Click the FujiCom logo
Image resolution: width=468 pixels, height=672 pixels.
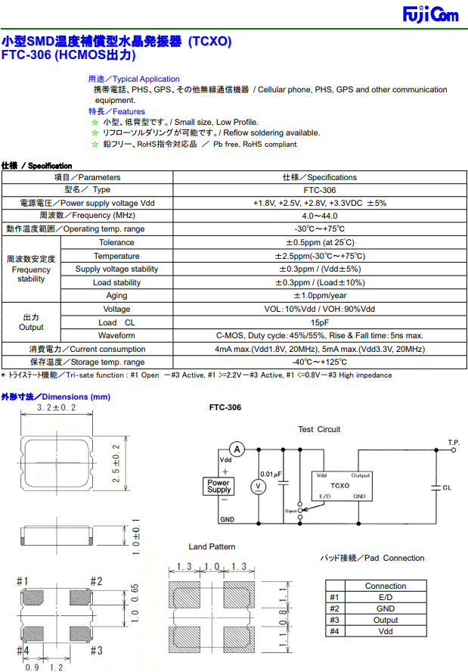[x=429, y=15]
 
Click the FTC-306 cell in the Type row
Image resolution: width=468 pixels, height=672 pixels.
[x=319, y=190]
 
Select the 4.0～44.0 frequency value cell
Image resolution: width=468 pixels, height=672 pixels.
[x=319, y=216]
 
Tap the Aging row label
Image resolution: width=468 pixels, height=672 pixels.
[x=116, y=296]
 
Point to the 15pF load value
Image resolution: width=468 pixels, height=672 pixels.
[x=319, y=322]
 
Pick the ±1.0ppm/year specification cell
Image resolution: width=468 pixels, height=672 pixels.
[x=319, y=296]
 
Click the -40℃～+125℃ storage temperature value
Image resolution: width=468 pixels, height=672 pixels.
[x=319, y=362]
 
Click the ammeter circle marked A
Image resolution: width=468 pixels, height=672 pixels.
[x=237, y=450]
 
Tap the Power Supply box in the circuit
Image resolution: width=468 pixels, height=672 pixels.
[x=219, y=486]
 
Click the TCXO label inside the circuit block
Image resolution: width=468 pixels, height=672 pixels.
[x=339, y=485]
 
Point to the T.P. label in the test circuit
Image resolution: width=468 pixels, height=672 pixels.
[x=454, y=442]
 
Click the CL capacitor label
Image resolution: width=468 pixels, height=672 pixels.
[x=447, y=488]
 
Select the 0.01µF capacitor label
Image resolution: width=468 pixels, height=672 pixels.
[x=270, y=474]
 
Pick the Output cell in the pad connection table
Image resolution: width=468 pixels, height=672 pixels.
[x=385, y=620]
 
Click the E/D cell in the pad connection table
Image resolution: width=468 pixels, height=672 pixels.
[x=385, y=597]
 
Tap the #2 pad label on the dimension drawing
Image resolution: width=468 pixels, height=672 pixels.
[x=96, y=581]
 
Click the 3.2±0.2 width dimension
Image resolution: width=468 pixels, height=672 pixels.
[x=57, y=408]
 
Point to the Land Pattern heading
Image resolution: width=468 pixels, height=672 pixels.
[x=212, y=546]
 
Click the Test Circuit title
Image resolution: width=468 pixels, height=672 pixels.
[x=319, y=429]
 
